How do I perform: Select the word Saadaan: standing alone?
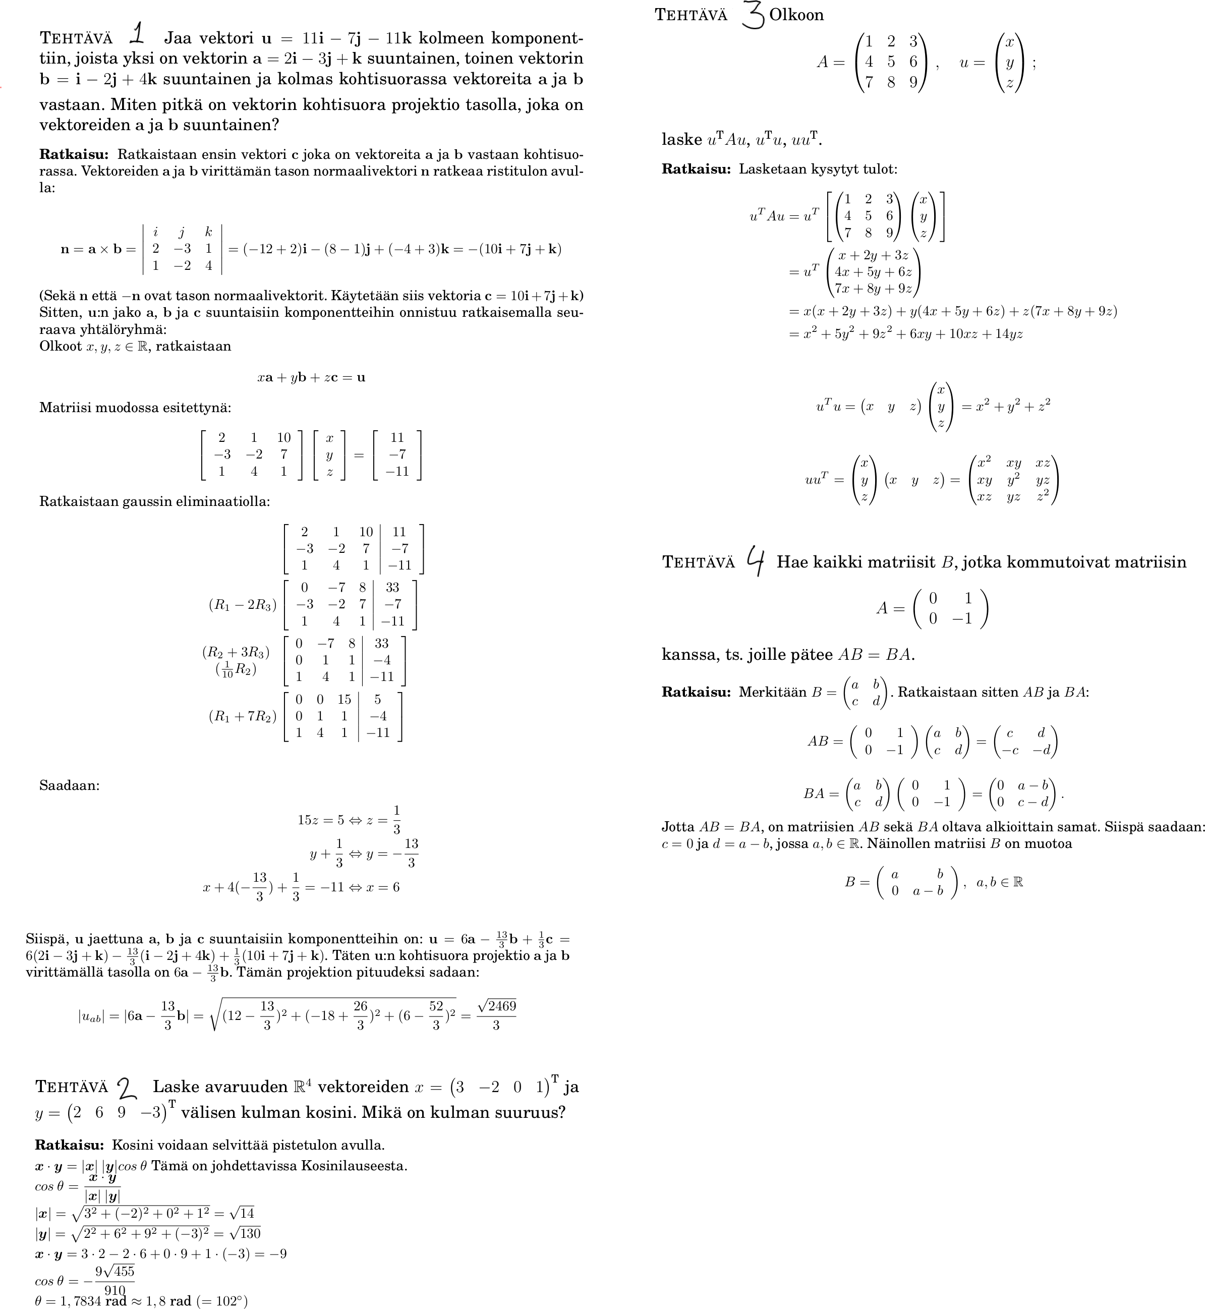69,785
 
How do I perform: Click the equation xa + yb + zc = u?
311,378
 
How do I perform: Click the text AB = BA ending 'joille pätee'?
876,655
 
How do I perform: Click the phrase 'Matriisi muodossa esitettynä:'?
135,408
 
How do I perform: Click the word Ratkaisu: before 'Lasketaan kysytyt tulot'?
696,169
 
